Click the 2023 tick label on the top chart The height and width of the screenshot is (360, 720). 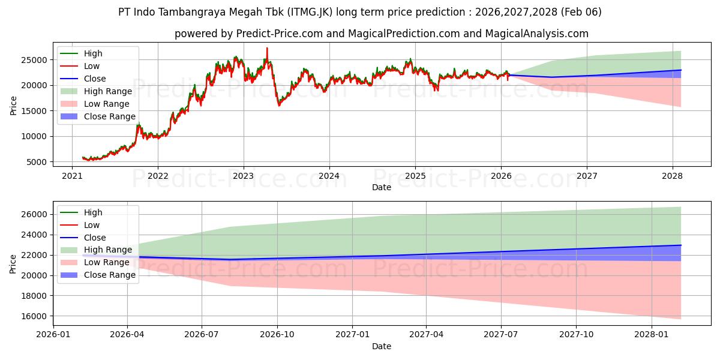coord(243,176)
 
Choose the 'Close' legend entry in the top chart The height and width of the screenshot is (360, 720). coord(95,79)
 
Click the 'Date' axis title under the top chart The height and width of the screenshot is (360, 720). coord(381,187)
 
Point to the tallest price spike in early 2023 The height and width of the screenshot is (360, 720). coord(267,48)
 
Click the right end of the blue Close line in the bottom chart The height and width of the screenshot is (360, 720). coord(680,245)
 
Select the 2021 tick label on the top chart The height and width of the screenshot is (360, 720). coord(72,176)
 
